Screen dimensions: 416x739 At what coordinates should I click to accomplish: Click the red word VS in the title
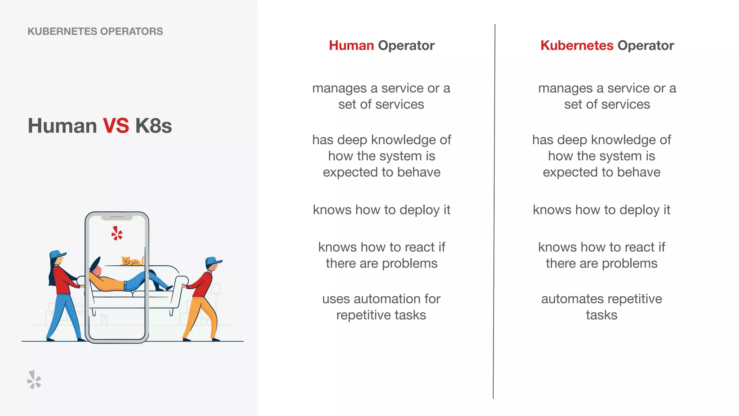tap(116, 126)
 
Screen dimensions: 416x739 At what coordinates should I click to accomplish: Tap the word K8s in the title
tap(153, 126)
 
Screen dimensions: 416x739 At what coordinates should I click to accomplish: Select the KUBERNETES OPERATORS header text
tap(95, 31)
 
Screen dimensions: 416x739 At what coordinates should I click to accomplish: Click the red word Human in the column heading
tap(351, 45)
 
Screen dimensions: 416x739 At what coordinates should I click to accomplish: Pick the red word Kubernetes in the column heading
tap(577, 45)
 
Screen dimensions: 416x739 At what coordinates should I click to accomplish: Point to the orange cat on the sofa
tap(131, 261)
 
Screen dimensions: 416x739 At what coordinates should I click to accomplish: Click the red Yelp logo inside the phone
tap(117, 233)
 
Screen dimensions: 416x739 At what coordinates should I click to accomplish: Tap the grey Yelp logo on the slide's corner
tap(34, 380)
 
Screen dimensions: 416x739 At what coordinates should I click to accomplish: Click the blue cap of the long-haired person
tap(57, 254)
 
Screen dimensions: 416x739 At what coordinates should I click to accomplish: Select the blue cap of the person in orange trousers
tap(213, 261)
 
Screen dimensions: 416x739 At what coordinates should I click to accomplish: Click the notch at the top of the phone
tap(117, 217)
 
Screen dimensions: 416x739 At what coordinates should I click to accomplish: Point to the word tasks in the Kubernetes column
tap(602, 315)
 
